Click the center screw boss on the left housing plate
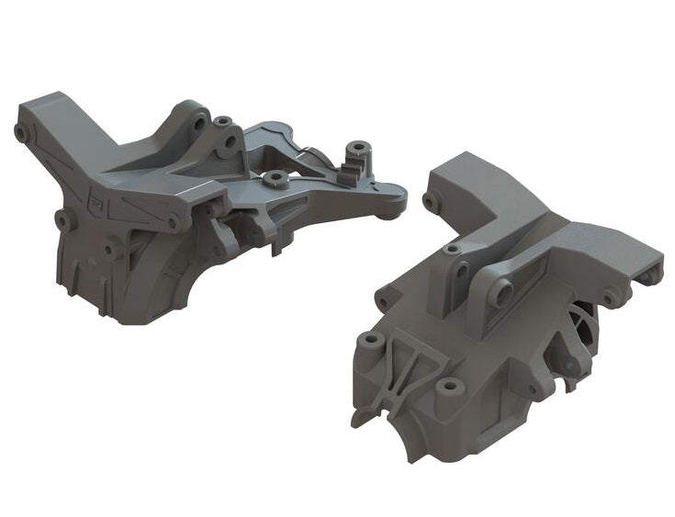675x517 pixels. tap(272, 177)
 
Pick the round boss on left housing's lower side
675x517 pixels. tap(62, 219)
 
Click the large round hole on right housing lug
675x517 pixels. tap(501, 295)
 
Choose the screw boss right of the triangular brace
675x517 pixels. tap(447, 386)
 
